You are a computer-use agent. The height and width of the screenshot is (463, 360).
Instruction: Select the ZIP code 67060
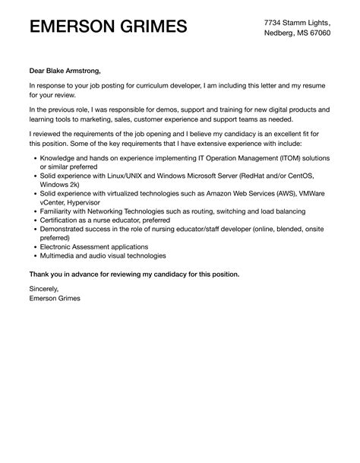pos(318,34)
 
